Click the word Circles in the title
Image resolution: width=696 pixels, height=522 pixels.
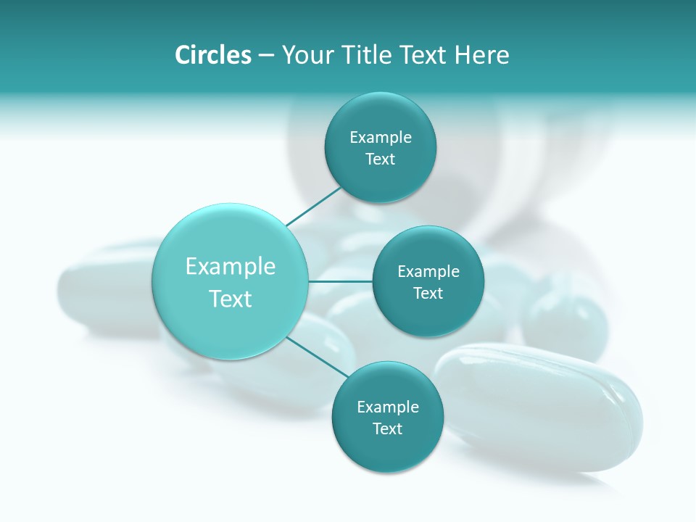[x=212, y=55]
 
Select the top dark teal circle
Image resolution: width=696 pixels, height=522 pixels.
[x=380, y=181]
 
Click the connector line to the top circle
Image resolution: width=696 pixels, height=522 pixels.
[x=313, y=207]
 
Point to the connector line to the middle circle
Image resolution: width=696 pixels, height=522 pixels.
[x=341, y=281]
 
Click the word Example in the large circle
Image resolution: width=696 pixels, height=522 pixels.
[x=231, y=267]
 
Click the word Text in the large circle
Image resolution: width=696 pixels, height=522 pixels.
[x=231, y=299]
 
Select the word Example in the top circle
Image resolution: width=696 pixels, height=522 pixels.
[x=380, y=138]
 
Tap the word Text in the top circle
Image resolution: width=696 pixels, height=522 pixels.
[x=380, y=159]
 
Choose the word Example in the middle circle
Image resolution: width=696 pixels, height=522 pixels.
[x=428, y=272]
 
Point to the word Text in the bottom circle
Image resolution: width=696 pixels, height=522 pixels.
[x=387, y=428]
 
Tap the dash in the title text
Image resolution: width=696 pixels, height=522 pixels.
[x=266, y=56]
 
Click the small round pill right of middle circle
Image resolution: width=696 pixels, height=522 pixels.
[x=565, y=319]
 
